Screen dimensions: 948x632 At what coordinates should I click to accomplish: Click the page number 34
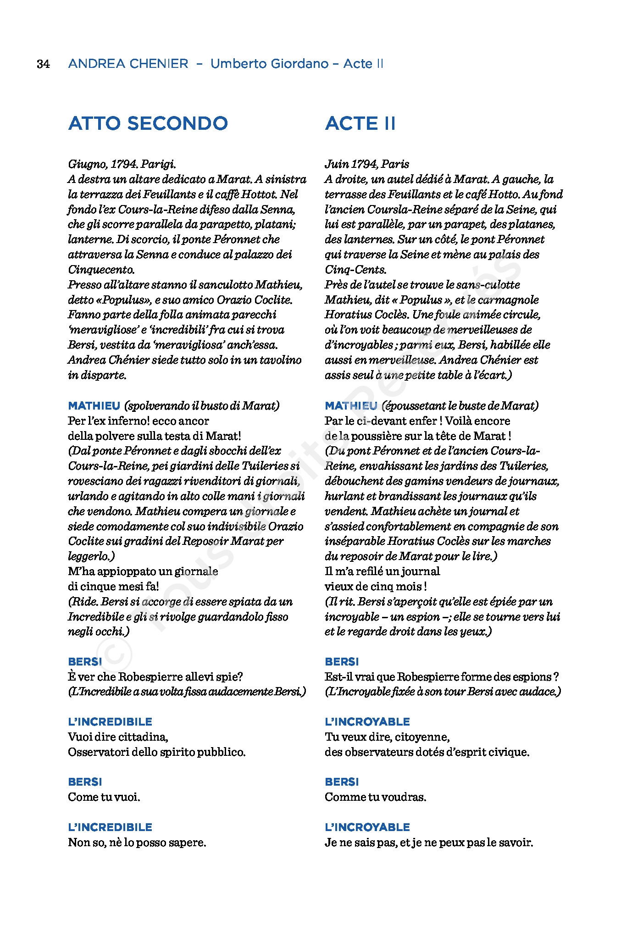(x=43, y=64)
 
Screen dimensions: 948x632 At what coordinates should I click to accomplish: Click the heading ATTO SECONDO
(x=148, y=123)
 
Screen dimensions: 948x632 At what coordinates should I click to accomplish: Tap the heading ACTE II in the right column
(x=360, y=123)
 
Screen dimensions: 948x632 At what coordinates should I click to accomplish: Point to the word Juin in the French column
(x=336, y=164)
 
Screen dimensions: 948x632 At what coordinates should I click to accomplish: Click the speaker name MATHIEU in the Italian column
(x=94, y=406)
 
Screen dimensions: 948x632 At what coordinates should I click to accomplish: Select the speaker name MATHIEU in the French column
(x=351, y=406)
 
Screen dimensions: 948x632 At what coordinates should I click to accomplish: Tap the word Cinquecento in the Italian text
(x=101, y=269)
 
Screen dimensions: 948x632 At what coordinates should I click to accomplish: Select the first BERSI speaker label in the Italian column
(x=85, y=662)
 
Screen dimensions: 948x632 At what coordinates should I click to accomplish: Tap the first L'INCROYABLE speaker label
(x=367, y=722)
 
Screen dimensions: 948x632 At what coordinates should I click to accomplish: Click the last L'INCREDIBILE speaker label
(x=110, y=827)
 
